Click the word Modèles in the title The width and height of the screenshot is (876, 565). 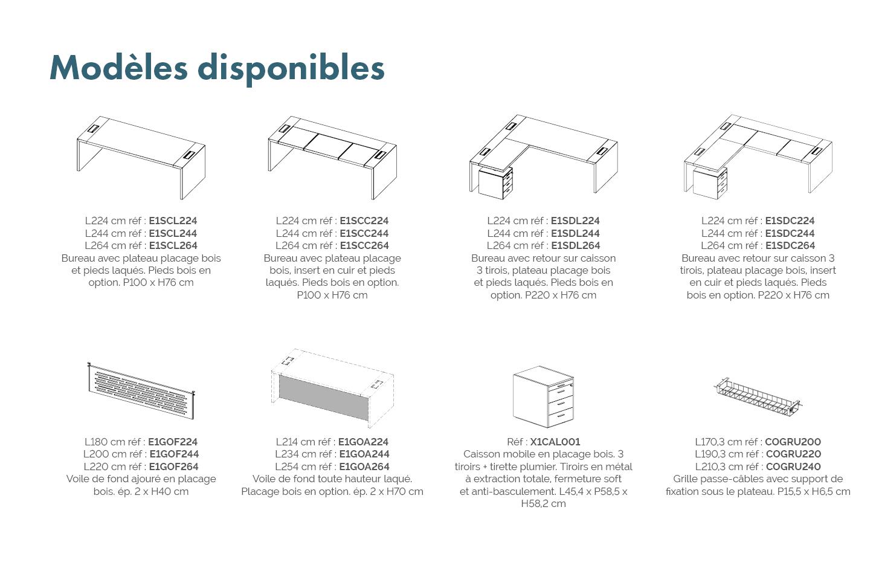point(118,68)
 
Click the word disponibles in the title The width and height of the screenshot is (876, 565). point(291,69)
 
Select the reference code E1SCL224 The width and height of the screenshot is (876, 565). point(173,221)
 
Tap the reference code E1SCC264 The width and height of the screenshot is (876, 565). point(364,245)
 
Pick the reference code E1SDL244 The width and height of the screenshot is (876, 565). point(575,233)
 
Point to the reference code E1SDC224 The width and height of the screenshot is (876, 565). point(790,221)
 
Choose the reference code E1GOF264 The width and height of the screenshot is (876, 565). point(174,467)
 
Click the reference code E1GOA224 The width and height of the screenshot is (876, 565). point(363,442)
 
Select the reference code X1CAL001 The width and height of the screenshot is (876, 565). point(555,442)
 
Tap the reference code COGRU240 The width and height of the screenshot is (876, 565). point(793,467)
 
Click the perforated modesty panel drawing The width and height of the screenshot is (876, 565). point(141,390)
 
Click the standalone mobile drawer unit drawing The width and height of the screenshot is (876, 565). point(544,397)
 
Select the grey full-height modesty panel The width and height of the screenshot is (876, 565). point(324,398)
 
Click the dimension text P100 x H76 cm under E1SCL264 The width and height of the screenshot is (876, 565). point(158,283)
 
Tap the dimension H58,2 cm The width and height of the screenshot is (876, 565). point(544,503)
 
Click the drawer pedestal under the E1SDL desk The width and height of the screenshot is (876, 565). point(495,182)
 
